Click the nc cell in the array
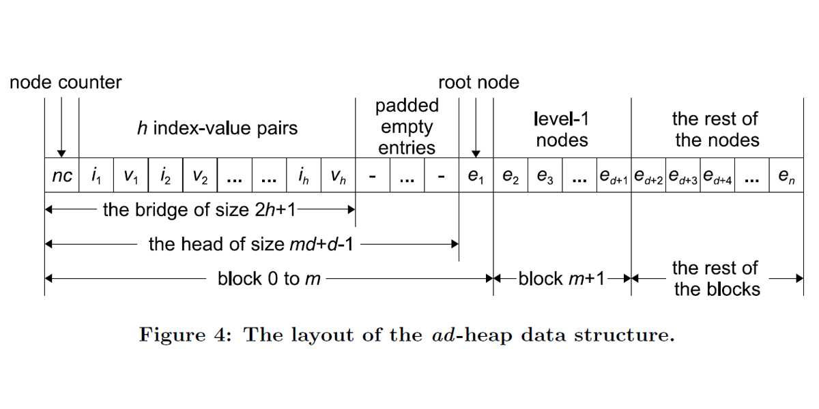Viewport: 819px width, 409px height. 62,177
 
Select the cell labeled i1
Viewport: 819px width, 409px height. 96,177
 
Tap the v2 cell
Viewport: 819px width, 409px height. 200,177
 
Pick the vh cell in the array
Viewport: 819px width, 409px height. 338,177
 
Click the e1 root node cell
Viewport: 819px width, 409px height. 476,177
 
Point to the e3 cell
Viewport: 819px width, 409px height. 545,177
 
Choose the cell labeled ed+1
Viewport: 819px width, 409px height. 614,177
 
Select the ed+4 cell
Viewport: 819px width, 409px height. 717,177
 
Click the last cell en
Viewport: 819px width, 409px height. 786,177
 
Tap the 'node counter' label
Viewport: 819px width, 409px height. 66,83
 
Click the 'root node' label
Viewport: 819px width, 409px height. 478,83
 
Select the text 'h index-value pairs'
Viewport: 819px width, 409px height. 217,128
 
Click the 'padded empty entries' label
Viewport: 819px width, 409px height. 407,127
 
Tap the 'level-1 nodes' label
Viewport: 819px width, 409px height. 562,130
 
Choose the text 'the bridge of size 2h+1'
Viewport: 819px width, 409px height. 199,210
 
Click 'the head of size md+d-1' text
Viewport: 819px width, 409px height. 250,243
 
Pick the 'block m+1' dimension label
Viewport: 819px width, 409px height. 561,279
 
